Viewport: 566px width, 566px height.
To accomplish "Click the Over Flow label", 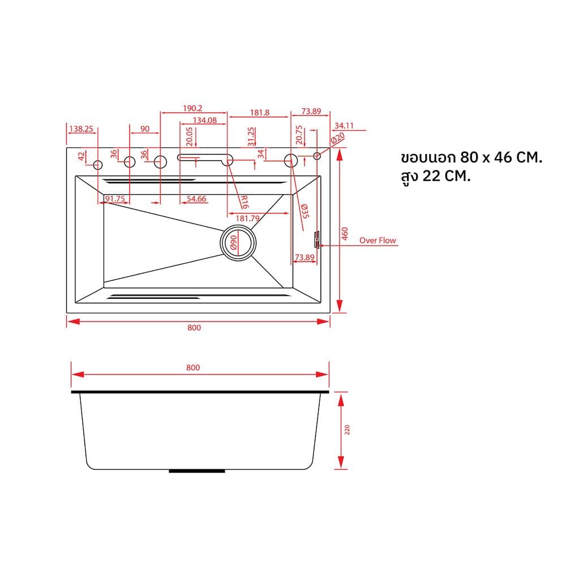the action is pos(377,241).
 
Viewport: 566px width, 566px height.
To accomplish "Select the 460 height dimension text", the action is pos(345,234).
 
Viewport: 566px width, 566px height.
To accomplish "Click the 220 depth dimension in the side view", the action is pos(347,430).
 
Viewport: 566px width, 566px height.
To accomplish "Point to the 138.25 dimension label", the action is pos(81,129).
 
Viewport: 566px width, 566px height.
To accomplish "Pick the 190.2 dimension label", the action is pos(192,108).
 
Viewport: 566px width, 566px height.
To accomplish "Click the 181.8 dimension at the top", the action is pos(260,113).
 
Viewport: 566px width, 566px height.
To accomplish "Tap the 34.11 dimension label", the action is pos(344,126).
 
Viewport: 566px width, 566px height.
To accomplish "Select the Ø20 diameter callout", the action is pos(338,139).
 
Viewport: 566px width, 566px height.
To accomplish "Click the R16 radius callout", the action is pos(245,202).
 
